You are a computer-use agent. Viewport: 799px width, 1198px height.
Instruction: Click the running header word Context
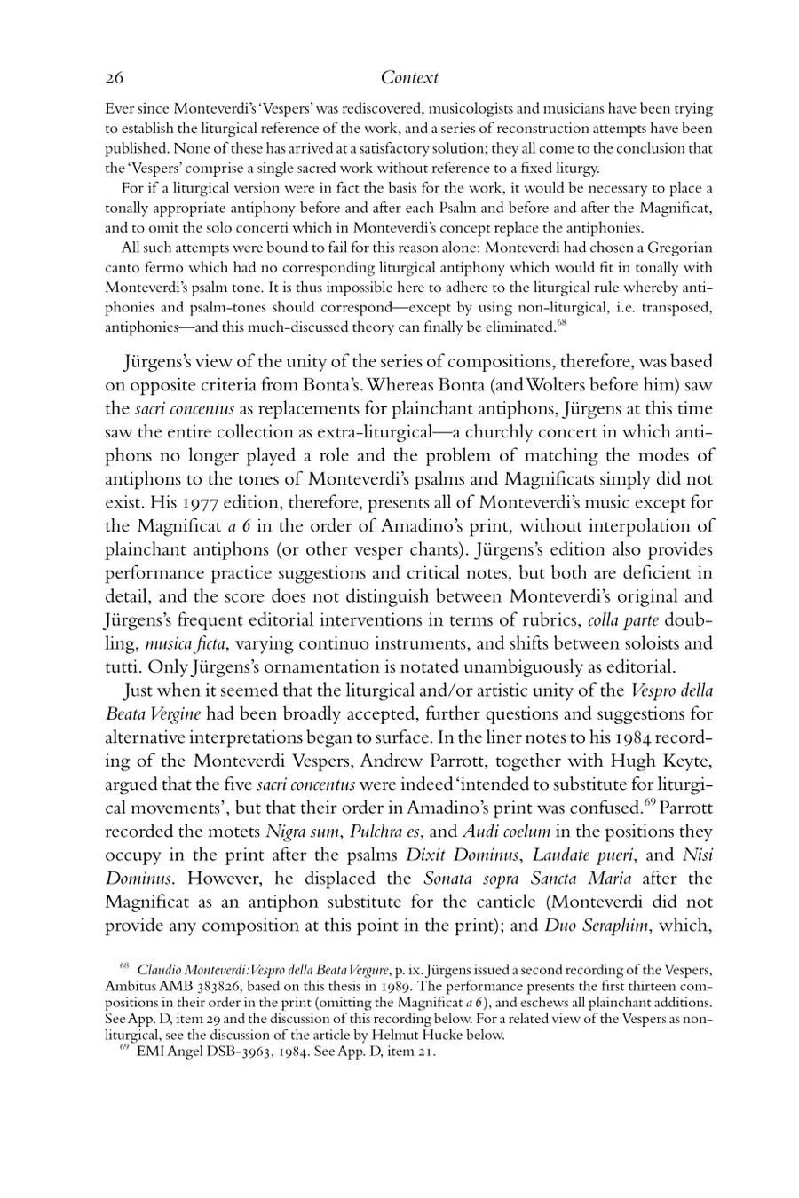pyautogui.click(x=409, y=78)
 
